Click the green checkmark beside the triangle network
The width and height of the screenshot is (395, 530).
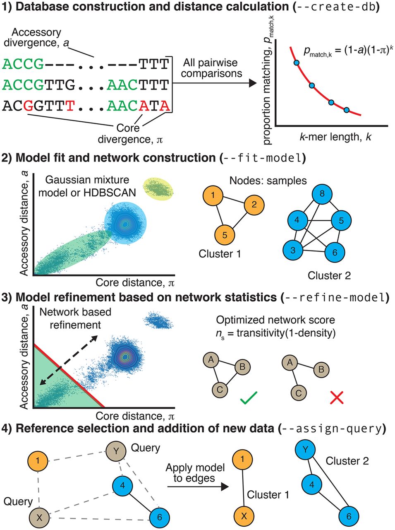248,398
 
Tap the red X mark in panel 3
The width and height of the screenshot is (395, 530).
337,397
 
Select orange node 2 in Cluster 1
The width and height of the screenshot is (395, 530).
254,204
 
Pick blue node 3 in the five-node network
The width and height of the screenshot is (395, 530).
293,250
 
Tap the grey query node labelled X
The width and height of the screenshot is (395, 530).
39,517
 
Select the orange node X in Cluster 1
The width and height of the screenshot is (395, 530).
244,516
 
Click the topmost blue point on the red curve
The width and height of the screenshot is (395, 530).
297,63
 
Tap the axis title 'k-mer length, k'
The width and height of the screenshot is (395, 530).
335,136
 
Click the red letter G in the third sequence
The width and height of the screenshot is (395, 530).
28,106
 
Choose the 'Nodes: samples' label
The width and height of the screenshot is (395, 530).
268,181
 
